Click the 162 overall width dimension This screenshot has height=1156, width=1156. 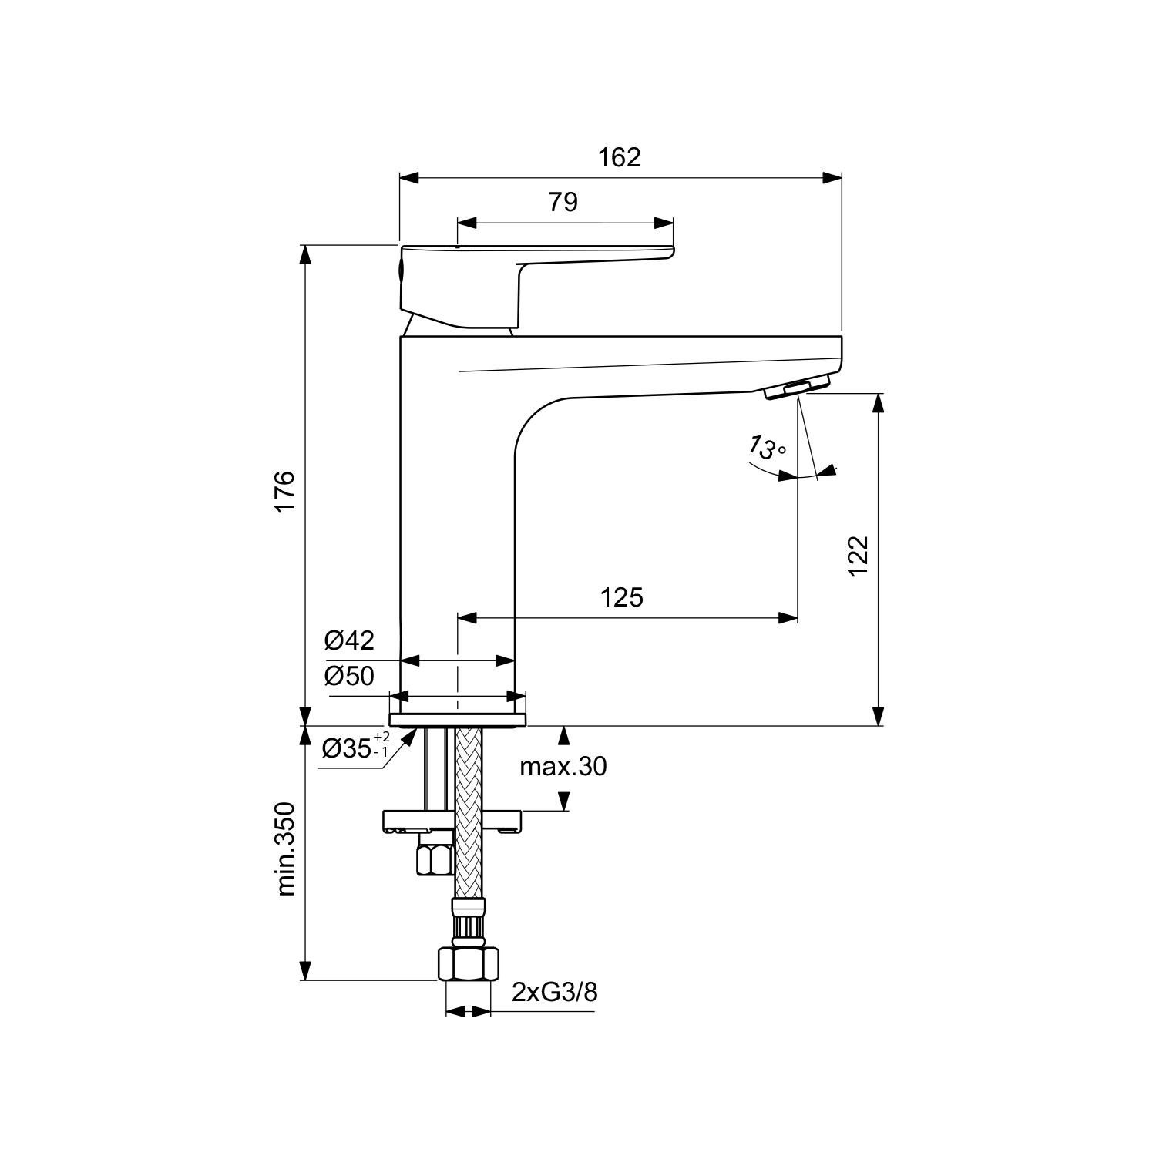tap(620, 157)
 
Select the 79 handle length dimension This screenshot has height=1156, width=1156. tap(563, 202)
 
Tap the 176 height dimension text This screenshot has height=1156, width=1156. tap(285, 489)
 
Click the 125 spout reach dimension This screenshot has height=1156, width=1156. tap(621, 596)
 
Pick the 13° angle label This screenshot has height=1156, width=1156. tap(767, 447)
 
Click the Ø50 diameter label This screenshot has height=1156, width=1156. tap(349, 676)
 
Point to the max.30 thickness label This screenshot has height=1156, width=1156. tap(563, 766)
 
